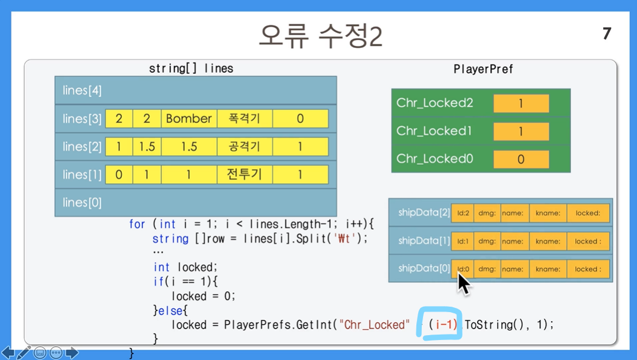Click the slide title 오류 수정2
pos(321,36)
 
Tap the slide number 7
pos(607,33)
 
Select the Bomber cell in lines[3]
pos(189,119)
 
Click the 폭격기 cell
pos(245,119)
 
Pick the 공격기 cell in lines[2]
pos(245,146)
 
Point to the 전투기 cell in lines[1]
pos(245,175)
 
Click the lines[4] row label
pos(82,90)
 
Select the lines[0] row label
pos(82,202)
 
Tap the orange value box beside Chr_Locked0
pos(521,159)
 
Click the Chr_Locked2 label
pos(435,103)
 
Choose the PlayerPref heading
pos(483,69)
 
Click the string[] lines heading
pos(191,68)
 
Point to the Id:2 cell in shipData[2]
pos(462,213)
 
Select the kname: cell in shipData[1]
pos(548,241)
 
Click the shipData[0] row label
pos(424,268)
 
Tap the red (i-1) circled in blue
pos(443,324)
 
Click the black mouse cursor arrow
pos(464,284)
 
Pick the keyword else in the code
pos(170,311)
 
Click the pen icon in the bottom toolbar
pos(24,353)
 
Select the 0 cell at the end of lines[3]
pos(300,119)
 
